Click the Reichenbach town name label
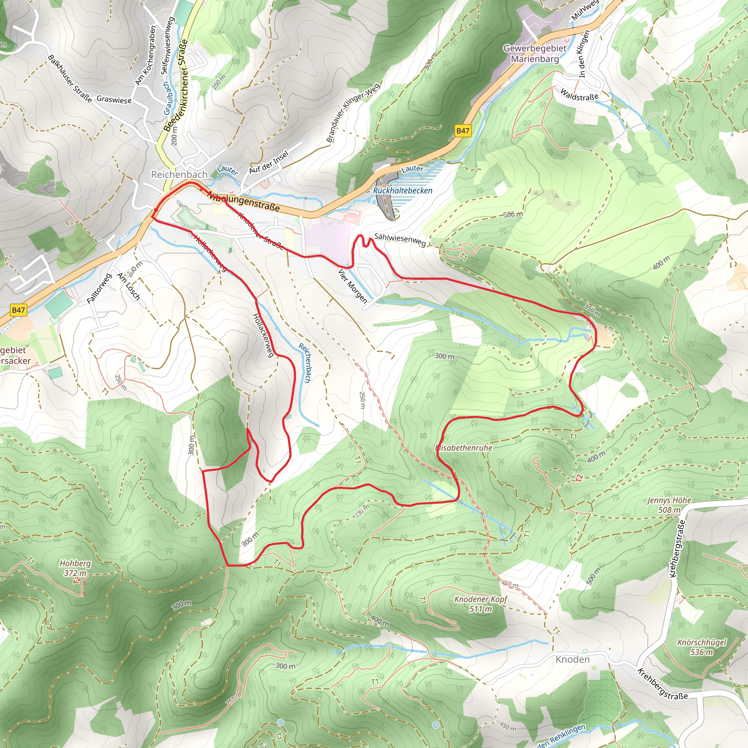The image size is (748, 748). pos(179,175)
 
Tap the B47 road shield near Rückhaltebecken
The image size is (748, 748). pos(463,130)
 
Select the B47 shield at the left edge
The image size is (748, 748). pos(18,310)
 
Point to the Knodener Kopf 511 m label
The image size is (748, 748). pos(481,604)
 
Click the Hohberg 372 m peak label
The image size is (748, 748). pos(75,568)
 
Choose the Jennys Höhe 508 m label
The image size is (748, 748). pos(669,505)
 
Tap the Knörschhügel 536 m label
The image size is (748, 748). pos(702,647)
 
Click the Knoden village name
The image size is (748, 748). pos(573,659)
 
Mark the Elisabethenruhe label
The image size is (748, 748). pos(464,448)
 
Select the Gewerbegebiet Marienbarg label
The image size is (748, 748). pos(535,53)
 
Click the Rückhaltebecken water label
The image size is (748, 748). pos(402,191)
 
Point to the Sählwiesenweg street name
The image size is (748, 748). pos(400,240)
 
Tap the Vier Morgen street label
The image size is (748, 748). pos(352,286)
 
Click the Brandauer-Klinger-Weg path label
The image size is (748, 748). pos(353,112)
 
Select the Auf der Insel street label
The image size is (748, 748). pos(269,162)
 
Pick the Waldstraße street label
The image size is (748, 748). pos(579,95)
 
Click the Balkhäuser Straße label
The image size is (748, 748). pos(70,79)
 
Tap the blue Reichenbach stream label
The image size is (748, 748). pos(305,363)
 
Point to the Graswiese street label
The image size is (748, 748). pos(114,99)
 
